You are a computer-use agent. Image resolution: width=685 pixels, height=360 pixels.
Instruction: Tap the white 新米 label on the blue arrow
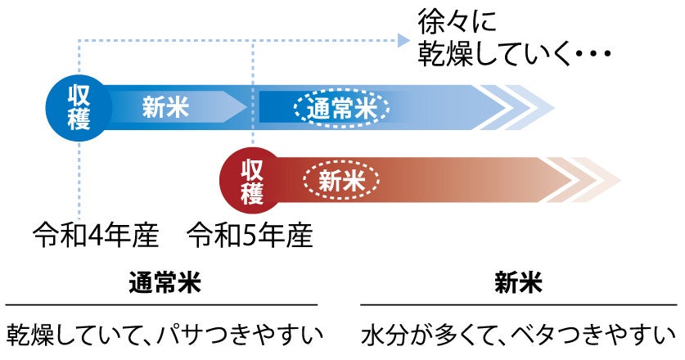165,107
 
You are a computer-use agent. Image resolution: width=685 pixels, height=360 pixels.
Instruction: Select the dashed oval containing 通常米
342,108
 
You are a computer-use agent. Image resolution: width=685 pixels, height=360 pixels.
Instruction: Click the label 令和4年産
94,236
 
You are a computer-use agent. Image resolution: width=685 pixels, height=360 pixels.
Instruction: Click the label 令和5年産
250,236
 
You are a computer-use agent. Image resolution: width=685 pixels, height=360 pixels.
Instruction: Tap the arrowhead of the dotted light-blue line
403,39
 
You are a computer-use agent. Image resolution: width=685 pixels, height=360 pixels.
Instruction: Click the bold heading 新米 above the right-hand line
518,283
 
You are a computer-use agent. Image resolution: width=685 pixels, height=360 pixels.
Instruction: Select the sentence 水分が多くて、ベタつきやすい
518,335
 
